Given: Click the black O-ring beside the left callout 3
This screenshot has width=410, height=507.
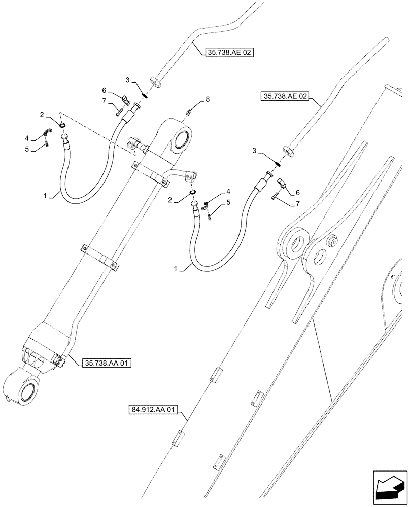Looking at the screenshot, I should [144, 95].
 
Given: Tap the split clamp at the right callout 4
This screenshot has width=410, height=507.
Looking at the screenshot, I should [206, 205].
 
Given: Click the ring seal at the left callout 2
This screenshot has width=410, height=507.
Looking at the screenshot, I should [62, 126].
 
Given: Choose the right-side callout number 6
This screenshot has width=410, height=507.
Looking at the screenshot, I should [297, 192].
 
